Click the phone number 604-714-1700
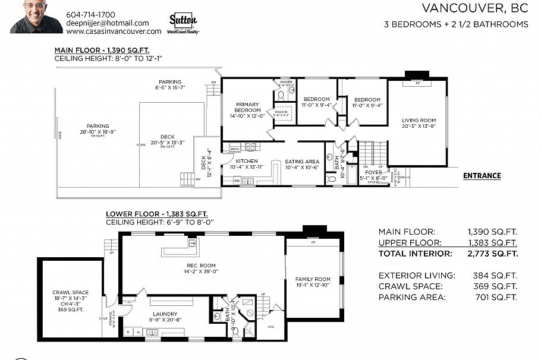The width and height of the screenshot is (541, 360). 91,14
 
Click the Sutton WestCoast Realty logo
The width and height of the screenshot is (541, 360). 184,24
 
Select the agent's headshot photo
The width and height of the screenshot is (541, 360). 36,17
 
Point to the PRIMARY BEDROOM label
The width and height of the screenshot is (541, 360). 248,106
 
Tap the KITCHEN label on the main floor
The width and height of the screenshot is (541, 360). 246,161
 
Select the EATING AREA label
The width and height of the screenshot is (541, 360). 302,161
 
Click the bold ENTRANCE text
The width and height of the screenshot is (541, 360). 482,176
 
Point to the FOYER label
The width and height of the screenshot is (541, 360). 373,173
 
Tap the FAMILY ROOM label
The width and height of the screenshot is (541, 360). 313,279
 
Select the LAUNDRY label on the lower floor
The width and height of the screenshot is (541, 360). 162,314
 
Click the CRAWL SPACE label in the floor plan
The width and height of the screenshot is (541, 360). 70,292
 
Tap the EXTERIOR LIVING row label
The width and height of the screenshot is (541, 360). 417,276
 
